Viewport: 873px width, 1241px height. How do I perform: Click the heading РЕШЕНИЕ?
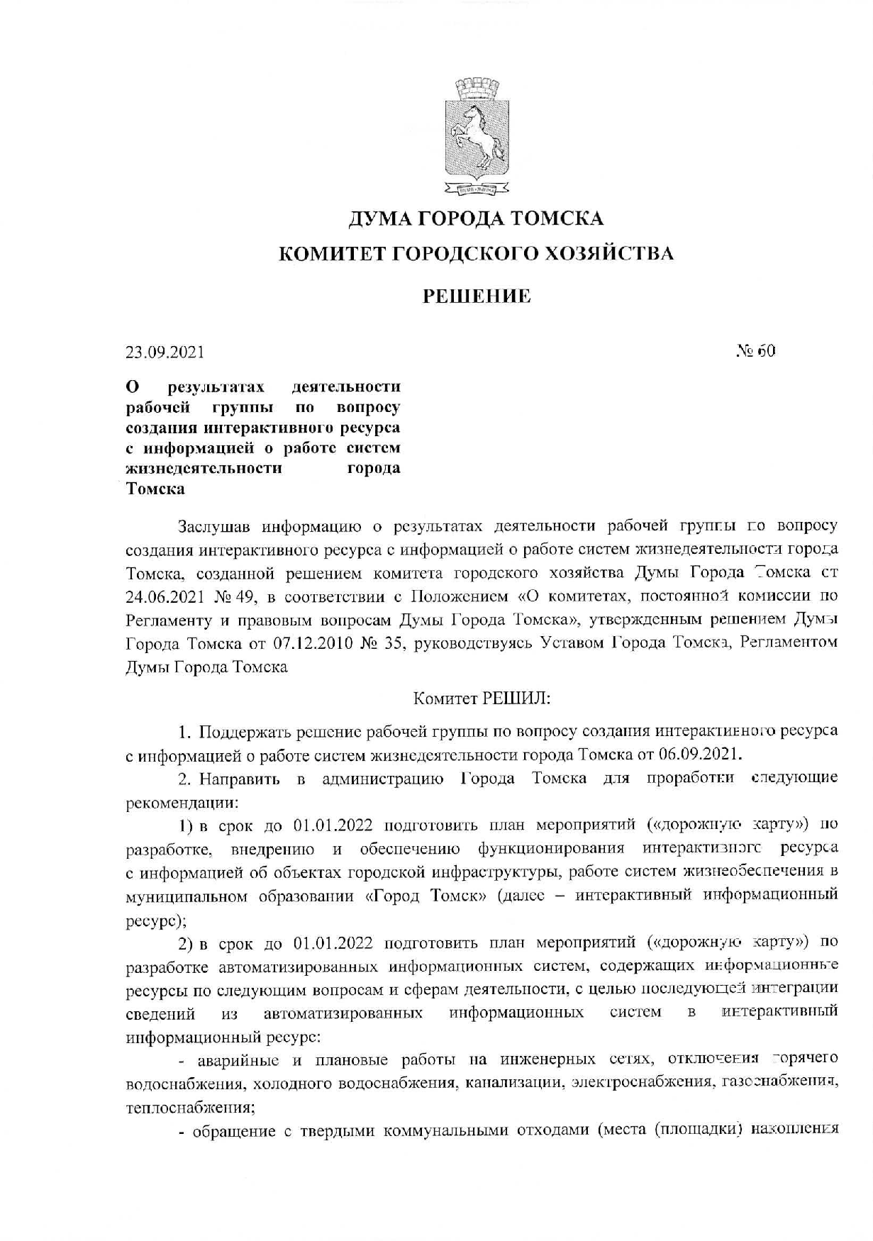point(477,296)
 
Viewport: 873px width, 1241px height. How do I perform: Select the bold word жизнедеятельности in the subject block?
point(204,468)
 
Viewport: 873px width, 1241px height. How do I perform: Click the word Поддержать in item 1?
point(245,731)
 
